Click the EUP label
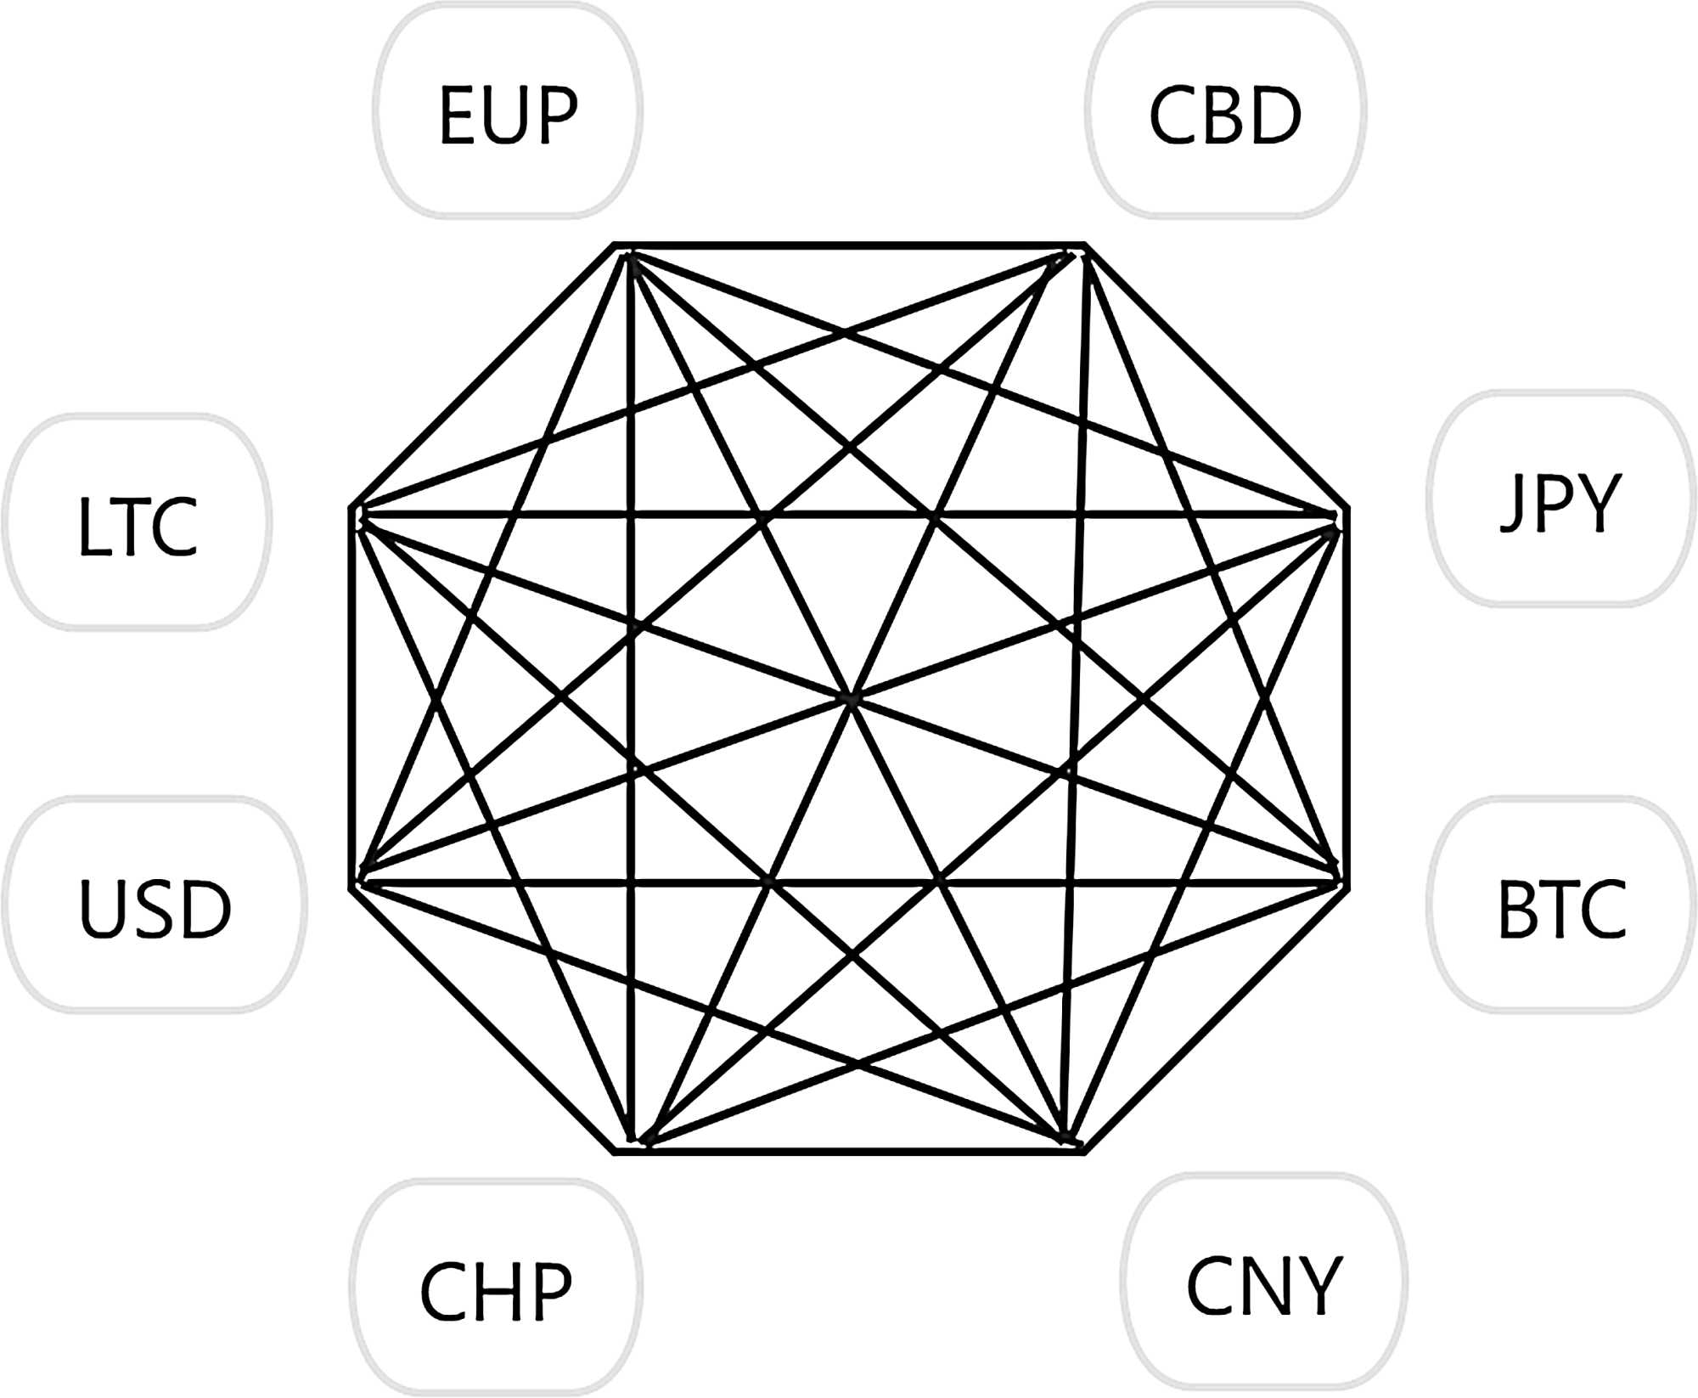508,115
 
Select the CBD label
1225,115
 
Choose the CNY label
1263,1287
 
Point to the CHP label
496,1291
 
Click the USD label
155,909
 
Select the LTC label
138,527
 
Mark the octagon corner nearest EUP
615,245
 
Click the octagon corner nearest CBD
1085,245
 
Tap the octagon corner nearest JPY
1348,509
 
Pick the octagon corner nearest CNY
1084,1153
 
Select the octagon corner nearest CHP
615,1153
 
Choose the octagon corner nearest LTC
351,509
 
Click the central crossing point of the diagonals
851,699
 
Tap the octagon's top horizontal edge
849,245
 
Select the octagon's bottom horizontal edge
849,1153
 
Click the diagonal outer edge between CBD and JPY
1217,377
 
